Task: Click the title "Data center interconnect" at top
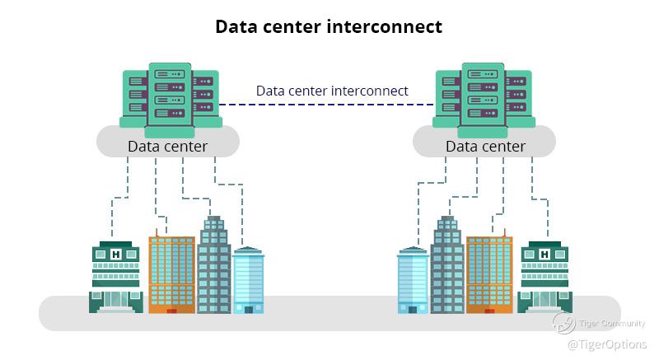329,26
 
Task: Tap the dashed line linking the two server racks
326,105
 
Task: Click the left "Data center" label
167,146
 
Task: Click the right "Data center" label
485,146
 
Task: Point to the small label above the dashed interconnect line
332,90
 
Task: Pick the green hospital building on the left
115,277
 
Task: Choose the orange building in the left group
171,274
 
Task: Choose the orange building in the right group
489,274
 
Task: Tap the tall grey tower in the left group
214,265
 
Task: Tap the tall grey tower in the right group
447,265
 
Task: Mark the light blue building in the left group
248,280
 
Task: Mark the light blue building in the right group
413,280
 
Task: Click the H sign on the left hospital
116,254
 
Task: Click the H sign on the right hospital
544,254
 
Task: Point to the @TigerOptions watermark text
607,344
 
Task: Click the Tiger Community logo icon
564,323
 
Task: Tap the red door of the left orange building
171,311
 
